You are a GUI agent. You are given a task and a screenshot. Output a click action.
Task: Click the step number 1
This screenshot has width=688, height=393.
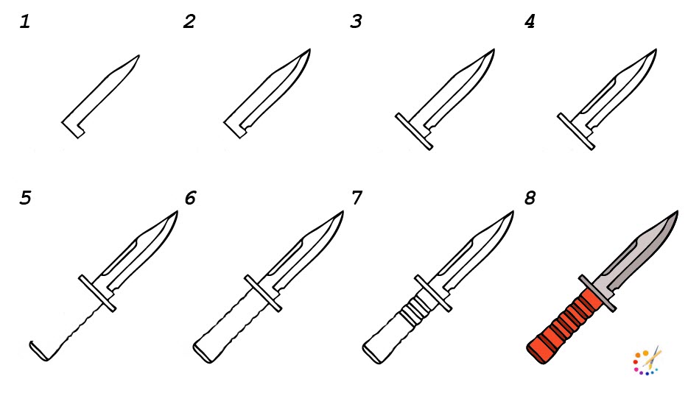point(25,21)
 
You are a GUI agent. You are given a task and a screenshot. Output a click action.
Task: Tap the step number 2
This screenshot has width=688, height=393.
point(189,21)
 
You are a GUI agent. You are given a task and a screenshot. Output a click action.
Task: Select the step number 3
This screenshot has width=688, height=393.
point(356,21)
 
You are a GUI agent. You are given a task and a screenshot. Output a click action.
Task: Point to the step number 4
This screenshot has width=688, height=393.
point(530,21)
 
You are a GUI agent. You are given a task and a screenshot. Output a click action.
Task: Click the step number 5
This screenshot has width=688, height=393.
point(26,198)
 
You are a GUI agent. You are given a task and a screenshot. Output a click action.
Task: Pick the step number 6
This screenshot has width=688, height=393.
point(190,198)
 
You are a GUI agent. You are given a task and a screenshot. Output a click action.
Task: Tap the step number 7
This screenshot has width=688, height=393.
point(357,198)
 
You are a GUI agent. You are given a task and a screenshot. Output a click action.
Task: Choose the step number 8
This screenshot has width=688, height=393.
point(530,198)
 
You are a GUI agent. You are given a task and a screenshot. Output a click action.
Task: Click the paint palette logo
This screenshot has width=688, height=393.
point(647,361)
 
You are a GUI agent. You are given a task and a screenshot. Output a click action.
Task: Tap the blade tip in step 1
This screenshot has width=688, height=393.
point(139,55)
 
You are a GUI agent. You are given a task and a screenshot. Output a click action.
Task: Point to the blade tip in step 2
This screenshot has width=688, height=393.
point(310,49)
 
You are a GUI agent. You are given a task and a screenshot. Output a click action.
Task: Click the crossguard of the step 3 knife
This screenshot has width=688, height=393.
point(414,131)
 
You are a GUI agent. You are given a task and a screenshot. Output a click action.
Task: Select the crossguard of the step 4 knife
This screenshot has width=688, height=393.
point(576,131)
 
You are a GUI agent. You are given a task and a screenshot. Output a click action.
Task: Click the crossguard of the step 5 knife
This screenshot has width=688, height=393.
point(97,294)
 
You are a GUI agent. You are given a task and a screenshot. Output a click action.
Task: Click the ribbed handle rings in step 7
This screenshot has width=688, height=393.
point(413,309)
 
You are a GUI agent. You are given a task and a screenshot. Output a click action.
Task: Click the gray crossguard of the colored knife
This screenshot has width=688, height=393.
point(597,294)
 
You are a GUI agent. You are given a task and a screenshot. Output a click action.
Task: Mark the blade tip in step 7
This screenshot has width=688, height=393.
point(513,212)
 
